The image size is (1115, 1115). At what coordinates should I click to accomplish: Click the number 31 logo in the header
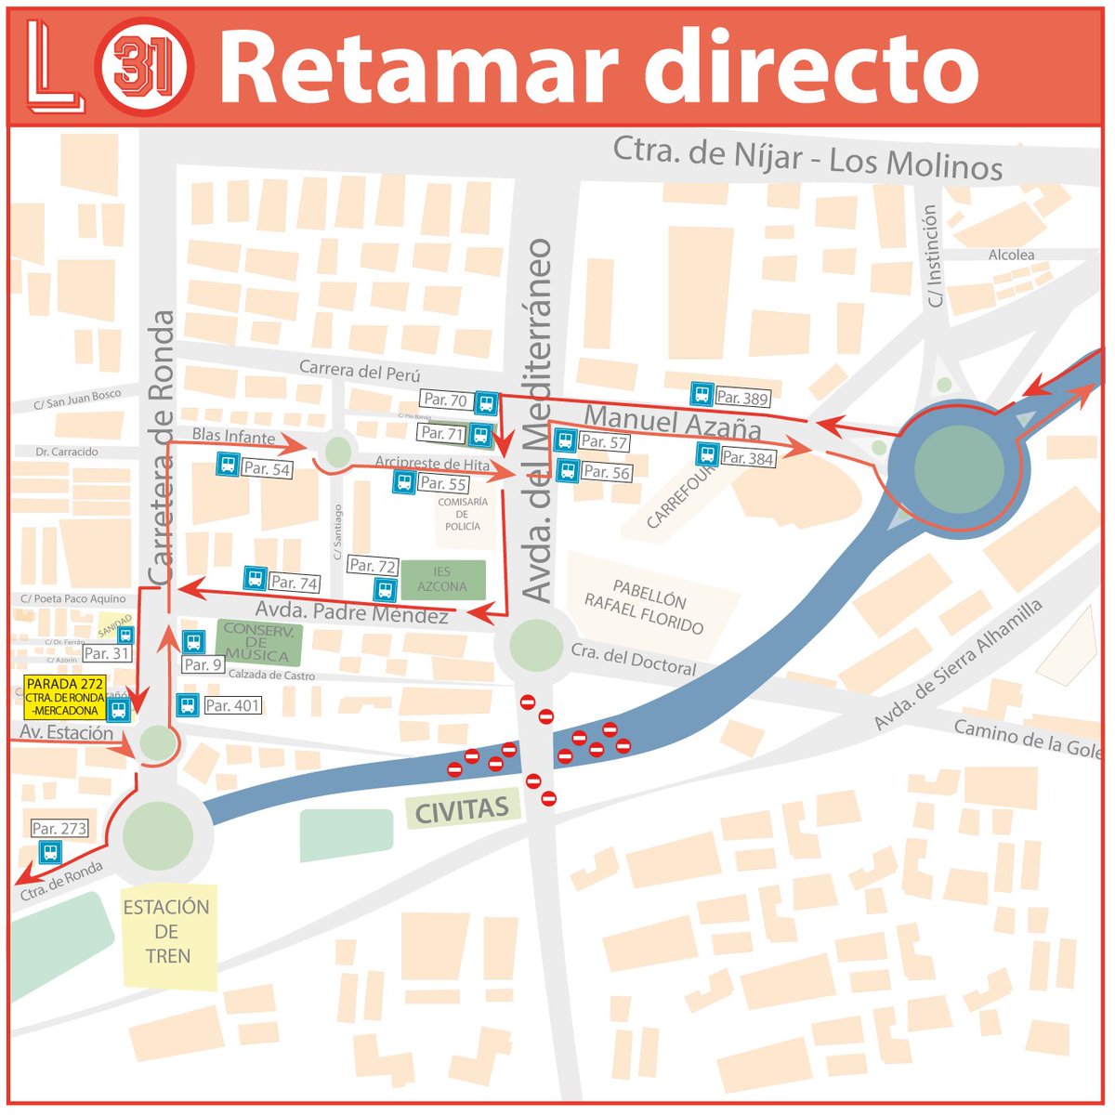tap(143, 68)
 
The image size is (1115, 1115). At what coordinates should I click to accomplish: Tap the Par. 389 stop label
tap(742, 398)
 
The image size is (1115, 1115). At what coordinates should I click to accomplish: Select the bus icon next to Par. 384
tap(707, 454)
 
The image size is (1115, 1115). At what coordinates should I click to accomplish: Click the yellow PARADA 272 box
tap(65, 697)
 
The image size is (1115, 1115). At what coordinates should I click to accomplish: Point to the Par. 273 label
tap(59, 828)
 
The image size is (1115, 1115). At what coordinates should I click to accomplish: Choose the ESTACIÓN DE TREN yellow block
tap(168, 932)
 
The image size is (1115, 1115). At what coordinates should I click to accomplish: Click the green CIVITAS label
tap(462, 810)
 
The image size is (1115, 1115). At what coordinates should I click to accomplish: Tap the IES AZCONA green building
tap(443, 580)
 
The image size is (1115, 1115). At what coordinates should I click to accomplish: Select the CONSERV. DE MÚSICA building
tap(258, 642)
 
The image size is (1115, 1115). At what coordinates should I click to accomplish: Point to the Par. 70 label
tap(446, 400)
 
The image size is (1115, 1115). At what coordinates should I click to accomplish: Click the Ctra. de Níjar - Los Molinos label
tap(807, 158)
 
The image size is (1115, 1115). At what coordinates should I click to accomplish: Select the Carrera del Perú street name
tap(360, 371)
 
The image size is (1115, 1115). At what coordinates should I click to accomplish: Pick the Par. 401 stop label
tap(232, 706)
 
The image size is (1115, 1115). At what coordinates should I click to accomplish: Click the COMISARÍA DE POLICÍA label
tap(463, 514)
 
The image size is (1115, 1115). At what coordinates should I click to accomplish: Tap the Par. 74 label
tap(295, 583)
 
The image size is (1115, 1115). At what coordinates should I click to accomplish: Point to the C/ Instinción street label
tap(934, 256)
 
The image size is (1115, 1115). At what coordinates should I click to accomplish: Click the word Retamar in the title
tap(418, 68)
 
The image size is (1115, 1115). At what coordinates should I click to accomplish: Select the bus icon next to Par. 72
tap(384, 589)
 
